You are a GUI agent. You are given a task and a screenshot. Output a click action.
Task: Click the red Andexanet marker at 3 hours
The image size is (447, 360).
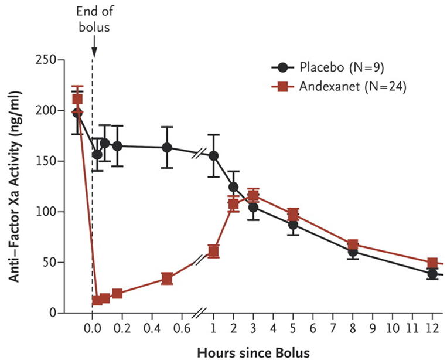[253, 195]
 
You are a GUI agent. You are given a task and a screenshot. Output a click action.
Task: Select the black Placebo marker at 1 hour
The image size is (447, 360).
[213, 156]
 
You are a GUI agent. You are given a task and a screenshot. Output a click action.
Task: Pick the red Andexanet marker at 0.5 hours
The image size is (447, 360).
[167, 279]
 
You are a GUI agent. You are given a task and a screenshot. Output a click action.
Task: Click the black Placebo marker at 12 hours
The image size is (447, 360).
[432, 274]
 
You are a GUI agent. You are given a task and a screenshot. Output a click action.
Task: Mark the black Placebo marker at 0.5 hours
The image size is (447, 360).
[167, 148]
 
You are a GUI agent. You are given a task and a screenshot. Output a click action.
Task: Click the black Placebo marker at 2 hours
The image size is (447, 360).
[233, 187]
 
